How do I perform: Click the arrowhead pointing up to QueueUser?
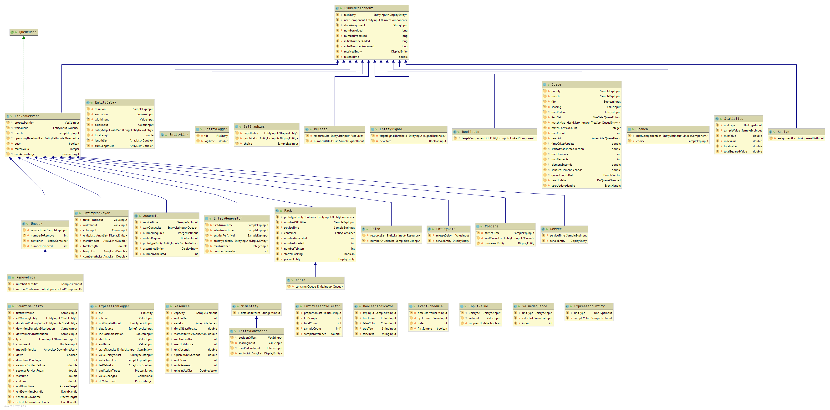pos(24,38)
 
